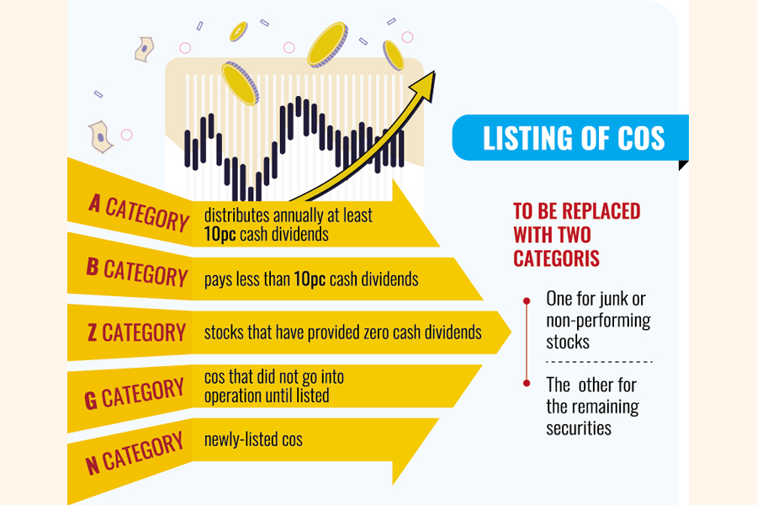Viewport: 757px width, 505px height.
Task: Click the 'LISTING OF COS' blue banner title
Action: [x=574, y=138]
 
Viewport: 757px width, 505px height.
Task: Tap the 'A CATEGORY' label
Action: [x=139, y=213]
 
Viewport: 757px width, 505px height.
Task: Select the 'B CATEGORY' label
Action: [x=137, y=273]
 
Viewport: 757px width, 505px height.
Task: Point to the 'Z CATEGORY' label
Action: [x=136, y=332]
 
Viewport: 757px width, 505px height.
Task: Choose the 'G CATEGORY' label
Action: [x=135, y=393]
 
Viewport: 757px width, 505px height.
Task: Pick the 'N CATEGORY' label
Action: [x=135, y=453]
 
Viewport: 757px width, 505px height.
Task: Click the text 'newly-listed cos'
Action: [x=253, y=439]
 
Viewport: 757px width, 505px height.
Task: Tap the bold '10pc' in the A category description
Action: [x=220, y=234]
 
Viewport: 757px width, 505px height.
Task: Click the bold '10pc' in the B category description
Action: [x=310, y=279]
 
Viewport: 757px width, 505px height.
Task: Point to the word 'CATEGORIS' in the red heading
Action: [x=556, y=258]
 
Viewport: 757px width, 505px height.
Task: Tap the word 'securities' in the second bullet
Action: [x=579, y=428]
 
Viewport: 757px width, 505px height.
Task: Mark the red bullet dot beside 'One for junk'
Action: [x=527, y=301]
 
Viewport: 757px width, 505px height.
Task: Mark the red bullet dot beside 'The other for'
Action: [x=527, y=383]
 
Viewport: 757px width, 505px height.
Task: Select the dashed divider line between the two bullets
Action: [x=599, y=361]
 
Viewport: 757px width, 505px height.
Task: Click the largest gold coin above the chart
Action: [x=328, y=45]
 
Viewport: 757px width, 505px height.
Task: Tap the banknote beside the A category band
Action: [x=100, y=137]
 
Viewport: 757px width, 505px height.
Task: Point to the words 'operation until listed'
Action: [x=267, y=396]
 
